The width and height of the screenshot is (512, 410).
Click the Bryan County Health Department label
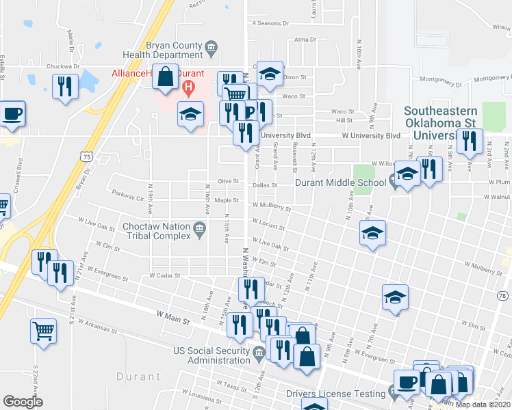161,49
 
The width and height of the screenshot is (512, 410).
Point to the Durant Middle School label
340,182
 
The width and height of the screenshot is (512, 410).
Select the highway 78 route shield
503,296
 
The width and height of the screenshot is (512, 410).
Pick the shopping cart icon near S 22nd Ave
43,331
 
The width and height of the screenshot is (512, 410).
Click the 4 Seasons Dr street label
270,23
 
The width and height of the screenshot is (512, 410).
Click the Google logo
23,402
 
